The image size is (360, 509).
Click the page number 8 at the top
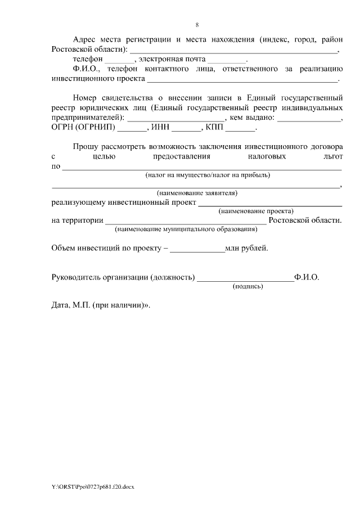point(197,25)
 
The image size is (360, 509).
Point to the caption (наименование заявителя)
point(197,193)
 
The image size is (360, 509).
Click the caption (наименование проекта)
point(256,211)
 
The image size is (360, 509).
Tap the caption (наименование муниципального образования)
point(186,229)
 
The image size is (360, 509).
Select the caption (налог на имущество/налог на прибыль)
point(208,175)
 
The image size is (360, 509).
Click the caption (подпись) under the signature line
point(248,286)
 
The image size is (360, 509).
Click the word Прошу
point(85,146)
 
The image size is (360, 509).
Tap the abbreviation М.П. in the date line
point(82,306)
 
